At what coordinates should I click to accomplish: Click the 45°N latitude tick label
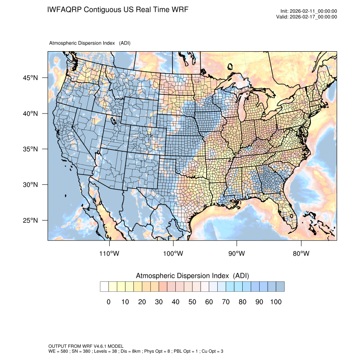(30, 78)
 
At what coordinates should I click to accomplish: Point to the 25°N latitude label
(30, 221)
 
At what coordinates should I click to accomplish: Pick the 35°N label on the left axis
(30, 149)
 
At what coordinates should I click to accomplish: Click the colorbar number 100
(276, 302)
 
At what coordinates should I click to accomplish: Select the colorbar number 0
(108, 302)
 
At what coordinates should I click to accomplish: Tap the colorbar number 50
(192, 302)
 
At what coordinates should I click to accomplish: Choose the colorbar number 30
(159, 302)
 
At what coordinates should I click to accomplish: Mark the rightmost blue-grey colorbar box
(280, 287)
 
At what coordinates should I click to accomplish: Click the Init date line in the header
(309, 11)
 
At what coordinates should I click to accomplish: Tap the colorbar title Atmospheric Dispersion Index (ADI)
(192, 276)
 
